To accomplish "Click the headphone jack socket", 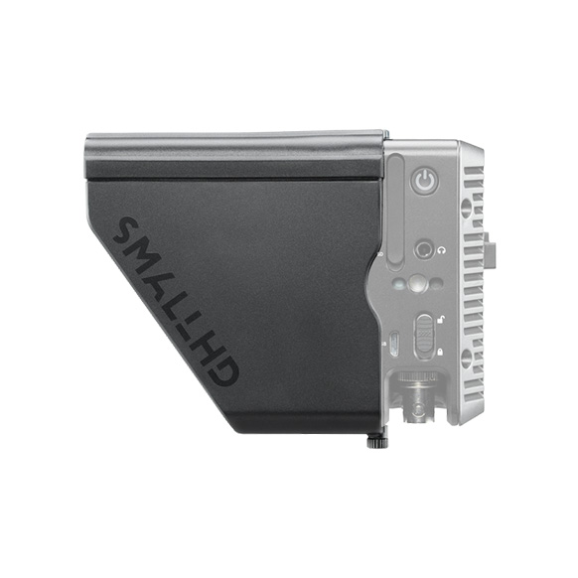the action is [x=423, y=250].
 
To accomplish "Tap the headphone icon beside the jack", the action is [x=441, y=251].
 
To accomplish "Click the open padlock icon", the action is [x=440, y=320].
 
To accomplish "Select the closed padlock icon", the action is [x=440, y=352].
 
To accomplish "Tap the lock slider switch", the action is [x=423, y=336].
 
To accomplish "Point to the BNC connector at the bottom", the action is [x=418, y=403].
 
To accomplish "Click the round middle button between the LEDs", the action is [x=416, y=284].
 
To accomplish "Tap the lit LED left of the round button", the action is [x=398, y=285].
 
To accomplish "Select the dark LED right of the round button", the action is [x=437, y=284].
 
